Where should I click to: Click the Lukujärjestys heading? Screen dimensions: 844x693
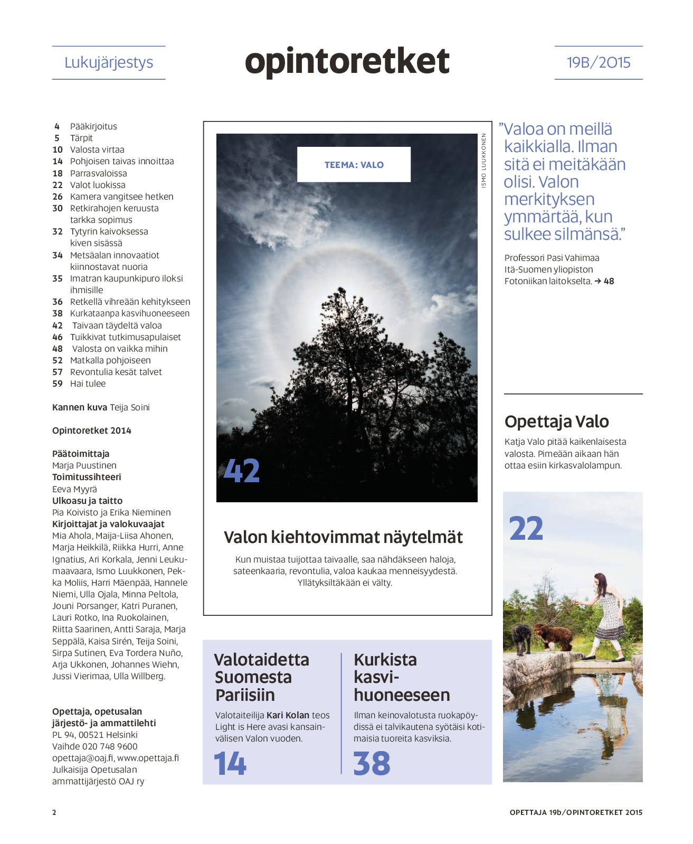(x=109, y=62)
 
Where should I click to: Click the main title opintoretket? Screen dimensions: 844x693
(x=347, y=61)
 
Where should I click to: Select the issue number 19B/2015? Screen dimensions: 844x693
(x=599, y=62)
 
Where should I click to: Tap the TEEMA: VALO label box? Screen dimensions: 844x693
(x=354, y=165)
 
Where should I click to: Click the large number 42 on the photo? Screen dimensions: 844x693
(x=242, y=471)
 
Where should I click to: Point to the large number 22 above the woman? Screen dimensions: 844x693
(x=526, y=528)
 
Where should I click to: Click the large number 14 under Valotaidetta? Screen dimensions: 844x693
(x=230, y=763)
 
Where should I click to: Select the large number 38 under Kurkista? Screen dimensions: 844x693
(x=372, y=763)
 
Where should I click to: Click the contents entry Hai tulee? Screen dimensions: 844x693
(x=88, y=383)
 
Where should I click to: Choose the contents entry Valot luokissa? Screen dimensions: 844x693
(x=98, y=185)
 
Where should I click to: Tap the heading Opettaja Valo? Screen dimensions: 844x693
(x=556, y=421)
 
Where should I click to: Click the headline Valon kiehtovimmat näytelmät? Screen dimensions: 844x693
(x=343, y=537)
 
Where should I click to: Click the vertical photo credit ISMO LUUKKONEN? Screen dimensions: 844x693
(x=483, y=161)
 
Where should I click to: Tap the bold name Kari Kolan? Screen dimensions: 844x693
(x=288, y=715)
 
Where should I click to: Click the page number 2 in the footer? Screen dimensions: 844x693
(x=54, y=812)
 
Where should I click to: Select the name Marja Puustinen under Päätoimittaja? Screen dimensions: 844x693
(x=84, y=465)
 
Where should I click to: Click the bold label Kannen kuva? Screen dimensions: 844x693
(x=79, y=407)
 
